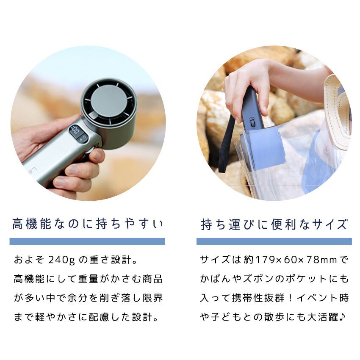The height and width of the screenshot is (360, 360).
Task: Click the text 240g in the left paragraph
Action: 62,260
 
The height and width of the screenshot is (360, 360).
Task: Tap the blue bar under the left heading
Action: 87,241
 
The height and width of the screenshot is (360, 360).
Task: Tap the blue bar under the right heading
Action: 274,241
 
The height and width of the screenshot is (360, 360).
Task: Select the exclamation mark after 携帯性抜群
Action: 291,298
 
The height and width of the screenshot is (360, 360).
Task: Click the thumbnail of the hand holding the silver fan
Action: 88,123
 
